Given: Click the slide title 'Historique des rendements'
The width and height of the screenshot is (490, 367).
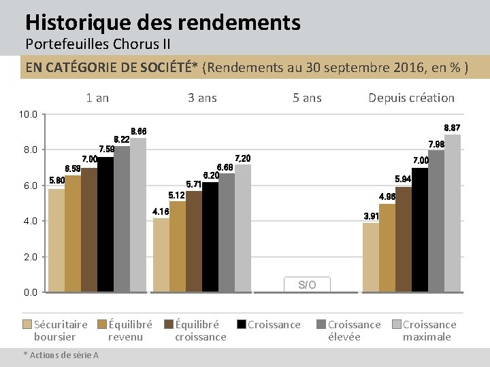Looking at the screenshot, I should pos(163,22).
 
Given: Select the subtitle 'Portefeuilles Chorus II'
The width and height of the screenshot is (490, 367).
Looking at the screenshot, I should pos(97,45).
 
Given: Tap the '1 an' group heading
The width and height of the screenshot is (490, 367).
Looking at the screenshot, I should pos(97,98).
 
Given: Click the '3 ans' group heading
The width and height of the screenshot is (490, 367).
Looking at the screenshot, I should pos(202,98).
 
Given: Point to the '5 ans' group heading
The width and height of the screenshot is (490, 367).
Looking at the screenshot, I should pos(307,98).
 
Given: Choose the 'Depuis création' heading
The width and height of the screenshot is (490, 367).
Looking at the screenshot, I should pos(411,98).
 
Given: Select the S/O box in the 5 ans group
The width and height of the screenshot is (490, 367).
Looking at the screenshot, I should pos(307,285).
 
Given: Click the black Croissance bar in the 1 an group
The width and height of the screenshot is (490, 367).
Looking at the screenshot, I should pos(105,224).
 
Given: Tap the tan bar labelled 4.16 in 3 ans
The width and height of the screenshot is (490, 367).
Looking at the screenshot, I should pos(161,255).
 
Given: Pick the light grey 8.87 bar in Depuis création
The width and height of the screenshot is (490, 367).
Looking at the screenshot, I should pos(453,213).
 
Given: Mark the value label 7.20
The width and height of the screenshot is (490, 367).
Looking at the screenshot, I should pos(243,158).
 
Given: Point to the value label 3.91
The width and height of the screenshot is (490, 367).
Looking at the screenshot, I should pos(372,216).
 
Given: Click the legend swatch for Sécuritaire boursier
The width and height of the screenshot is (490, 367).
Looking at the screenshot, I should pos(27,325).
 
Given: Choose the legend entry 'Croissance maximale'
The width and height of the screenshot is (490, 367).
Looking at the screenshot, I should pos(429,330).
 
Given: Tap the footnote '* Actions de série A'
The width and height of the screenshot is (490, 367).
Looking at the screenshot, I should pos(61,355).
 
